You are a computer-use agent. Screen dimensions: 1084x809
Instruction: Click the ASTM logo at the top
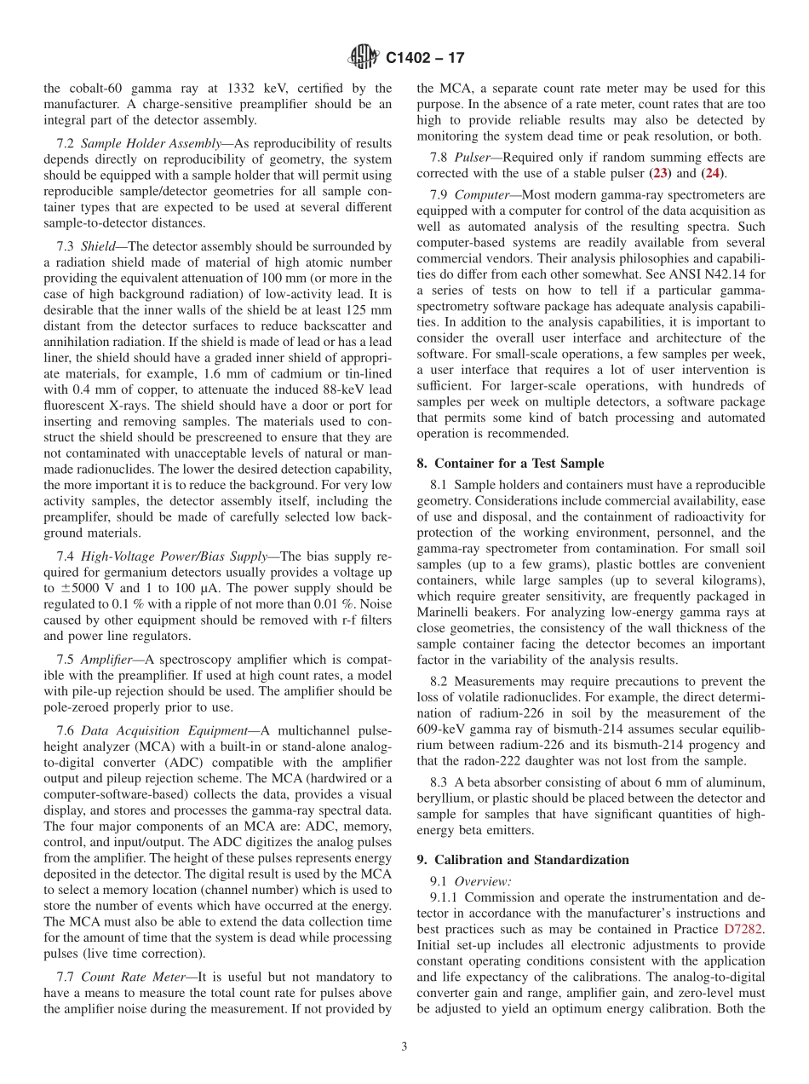[x=364, y=58]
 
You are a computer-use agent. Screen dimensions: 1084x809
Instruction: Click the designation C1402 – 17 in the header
[x=425, y=59]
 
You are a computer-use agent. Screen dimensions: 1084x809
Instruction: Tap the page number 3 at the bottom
[x=404, y=1047]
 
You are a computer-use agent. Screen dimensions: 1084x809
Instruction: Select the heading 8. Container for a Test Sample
[x=510, y=464]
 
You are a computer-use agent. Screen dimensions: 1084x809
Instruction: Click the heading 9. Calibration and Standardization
[x=523, y=860]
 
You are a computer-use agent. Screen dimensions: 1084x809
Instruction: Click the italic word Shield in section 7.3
[x=98, y=246]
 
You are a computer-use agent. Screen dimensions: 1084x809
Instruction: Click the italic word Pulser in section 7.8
[x=473, y=158]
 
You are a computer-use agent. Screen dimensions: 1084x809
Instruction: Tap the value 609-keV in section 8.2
[x=443, y=729]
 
